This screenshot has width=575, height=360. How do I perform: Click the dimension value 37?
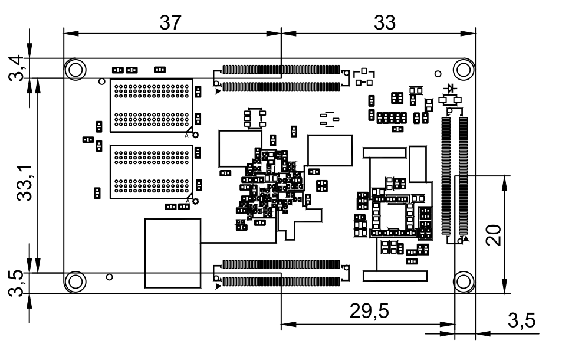[170, 23]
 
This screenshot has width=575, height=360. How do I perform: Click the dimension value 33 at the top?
[385, 23]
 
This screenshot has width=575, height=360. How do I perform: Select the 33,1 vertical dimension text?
[25, 183]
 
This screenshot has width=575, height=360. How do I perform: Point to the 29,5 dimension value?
[369, 311]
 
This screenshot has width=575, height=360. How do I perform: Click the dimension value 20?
[493, 235]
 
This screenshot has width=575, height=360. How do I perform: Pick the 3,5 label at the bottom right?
[521, 320]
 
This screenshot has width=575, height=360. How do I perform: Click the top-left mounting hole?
[75, 69]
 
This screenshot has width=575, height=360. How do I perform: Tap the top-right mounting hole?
[464, 69]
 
